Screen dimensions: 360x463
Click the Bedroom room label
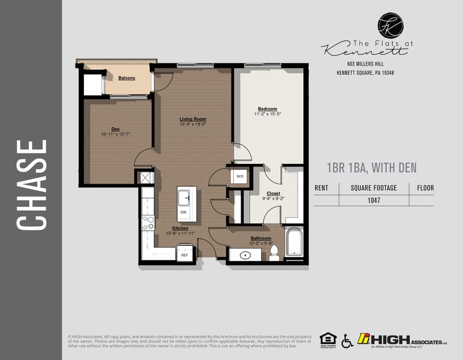pyautogui.click(x=267, y=109)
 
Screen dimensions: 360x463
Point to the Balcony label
pyautogui.click(x=127, y=78)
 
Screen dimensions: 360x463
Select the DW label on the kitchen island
pyautogui.click(x=183, y=212)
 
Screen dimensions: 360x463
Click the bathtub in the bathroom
pyautogui.click(x=295, y=243)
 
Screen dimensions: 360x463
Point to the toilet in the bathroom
pyautogui.click(x=274, y=252)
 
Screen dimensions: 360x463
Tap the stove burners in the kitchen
pyautogui.click(x=148, y=222)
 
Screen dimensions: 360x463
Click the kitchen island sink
pyautogui.click(x=184, y=198)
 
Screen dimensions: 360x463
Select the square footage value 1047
pyautogui.click(x=374, y=201)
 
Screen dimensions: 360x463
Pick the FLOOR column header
pyautogui.click(x=425, y=187)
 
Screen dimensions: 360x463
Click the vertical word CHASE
pyautogui.click(x=31, y=185)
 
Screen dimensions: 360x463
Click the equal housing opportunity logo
pyautogui.click(x=328, y=339)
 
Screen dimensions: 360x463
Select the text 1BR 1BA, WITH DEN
pyautogui.click(x=372, y=168)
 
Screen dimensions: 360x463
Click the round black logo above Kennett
pyautogui.click(x=390, y=26)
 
